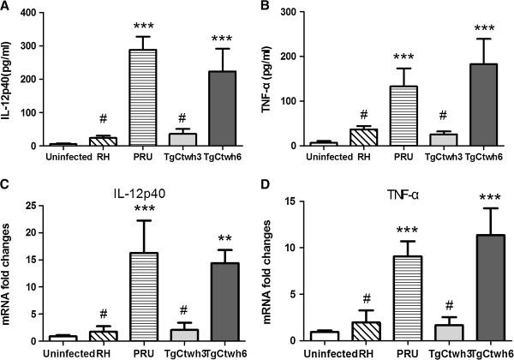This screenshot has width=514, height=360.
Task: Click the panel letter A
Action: (6, 8)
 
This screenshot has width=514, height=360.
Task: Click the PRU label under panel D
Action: (352, 351)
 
